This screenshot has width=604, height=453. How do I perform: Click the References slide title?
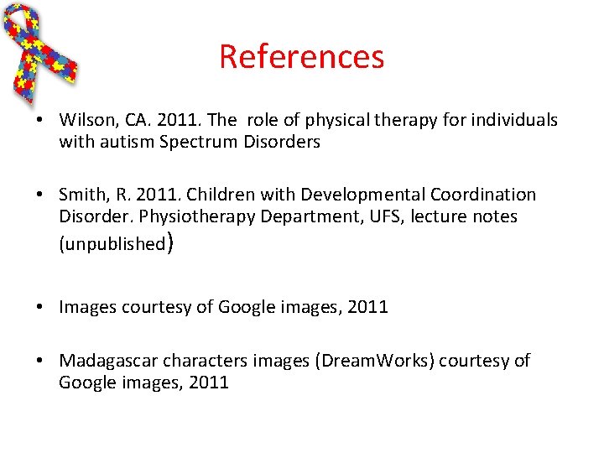point(301,57)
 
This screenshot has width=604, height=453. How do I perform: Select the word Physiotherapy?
point(180,216)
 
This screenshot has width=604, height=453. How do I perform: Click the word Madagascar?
point(108,361)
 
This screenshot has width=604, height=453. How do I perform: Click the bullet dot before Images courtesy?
point(40,307)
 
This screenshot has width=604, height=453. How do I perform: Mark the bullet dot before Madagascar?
point(40,361)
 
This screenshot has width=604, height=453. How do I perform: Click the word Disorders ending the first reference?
point(282,142)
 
